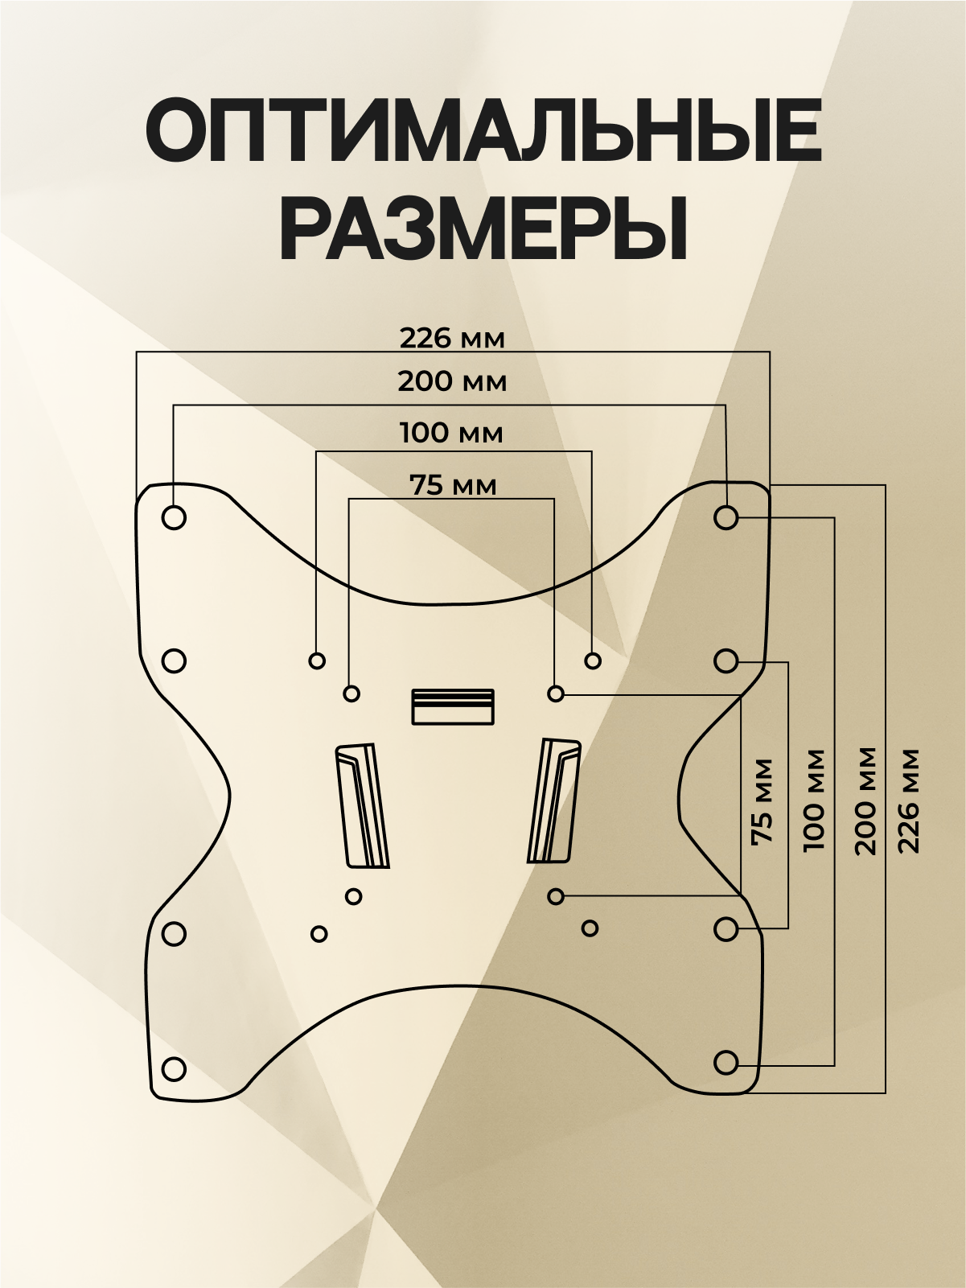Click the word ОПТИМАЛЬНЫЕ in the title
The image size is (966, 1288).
(483, 130)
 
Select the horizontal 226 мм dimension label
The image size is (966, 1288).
(452, 339)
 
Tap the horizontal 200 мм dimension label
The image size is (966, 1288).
(452, 381)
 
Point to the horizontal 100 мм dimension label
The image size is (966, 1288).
(451, 434)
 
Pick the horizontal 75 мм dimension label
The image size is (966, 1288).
(453, 486)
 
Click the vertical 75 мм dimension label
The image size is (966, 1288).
(761, 800)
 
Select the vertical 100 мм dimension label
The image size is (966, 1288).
(813, 800)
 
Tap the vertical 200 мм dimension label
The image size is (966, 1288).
(865, 800)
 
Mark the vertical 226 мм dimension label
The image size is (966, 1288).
(909, 800)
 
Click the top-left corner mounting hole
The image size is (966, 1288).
(174, 517)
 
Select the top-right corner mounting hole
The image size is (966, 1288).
(726, 517)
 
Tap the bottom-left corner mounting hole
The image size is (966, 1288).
(174, 1069)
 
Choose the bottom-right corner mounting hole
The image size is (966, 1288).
(726, 1063)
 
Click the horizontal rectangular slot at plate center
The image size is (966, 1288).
(453, 706)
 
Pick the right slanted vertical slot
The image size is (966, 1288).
(553, 801)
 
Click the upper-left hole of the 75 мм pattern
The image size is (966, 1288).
(351, 693)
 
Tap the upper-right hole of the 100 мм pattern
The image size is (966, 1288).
(593, 660)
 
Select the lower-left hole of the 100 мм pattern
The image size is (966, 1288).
(319, 934)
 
